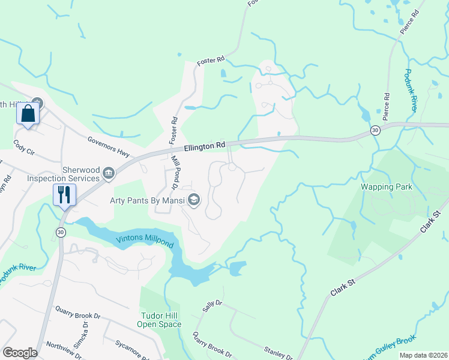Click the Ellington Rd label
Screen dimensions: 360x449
[x=204, y=145]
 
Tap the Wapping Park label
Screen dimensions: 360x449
[x=386, y=187]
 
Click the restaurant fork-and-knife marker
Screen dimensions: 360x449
[x=63, y=194]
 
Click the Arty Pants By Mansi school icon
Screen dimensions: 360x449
[x=194, y=200]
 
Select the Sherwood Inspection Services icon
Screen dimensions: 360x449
[x=109, y=174]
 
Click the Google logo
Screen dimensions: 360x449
[x=20, y=352]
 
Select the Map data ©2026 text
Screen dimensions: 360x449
[x=423, y=355]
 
